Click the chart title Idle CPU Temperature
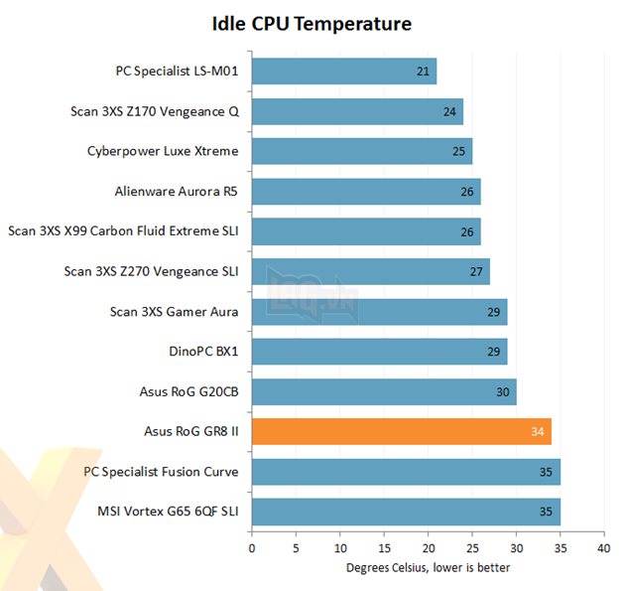(x=312, y=22)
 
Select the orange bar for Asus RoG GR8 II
(x=401, y=431)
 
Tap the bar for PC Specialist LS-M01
(x=343, y=72)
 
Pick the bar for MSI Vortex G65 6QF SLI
(x=406, y=512)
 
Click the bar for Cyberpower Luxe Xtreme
(x=361, y=152)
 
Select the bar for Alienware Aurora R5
(x=366, y=192)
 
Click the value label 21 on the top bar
(x=424, y=72)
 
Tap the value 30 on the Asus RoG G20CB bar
(x=503, y=391)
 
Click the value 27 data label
(x=476, y=272)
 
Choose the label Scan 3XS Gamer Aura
(x=175, y=312)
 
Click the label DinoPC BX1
(x=204, y=352)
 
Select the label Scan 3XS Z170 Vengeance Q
(x=156, y=111)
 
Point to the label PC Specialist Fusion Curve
(x=162, y=471)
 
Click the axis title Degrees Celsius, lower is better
(x=428, y=568)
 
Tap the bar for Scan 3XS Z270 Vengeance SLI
(x=370, y=272)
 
